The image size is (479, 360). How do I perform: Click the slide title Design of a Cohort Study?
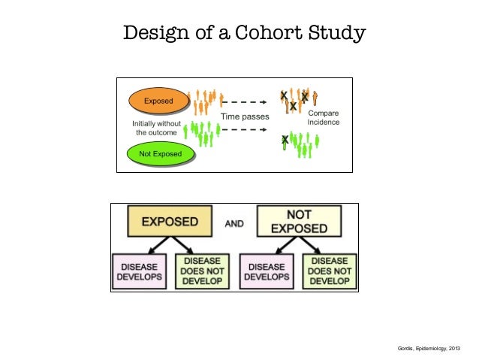[x=244, y=34]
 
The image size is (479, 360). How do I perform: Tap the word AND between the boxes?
[x=235, y=223]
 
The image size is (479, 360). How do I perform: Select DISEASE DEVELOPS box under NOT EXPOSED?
[x=267, y=271]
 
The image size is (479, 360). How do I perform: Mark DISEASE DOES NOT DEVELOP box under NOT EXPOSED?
[x=329, y=271]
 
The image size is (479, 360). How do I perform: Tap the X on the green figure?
[x=285, y=140]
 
